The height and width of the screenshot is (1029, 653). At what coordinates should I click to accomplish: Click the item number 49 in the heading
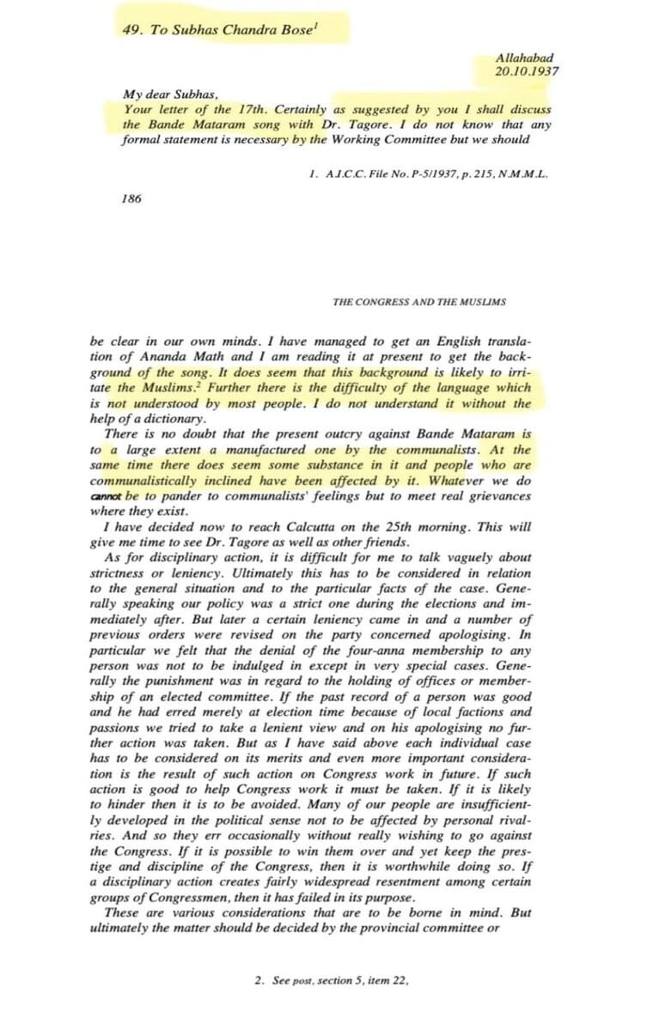point(131,29)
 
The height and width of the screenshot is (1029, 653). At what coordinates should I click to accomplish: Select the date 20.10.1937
point(527,71)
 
